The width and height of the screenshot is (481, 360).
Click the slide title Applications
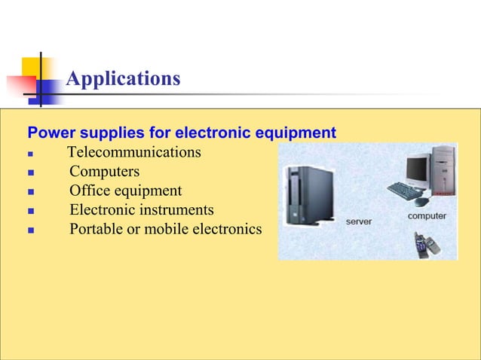123,78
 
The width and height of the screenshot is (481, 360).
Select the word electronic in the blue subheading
209,133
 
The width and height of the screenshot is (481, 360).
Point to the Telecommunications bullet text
135,153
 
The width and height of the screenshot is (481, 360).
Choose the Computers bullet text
104,172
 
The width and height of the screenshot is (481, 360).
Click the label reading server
358,221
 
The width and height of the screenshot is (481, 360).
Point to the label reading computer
427,216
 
